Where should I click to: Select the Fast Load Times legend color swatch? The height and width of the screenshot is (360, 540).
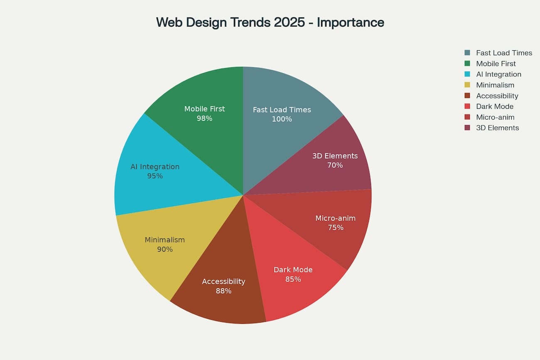point(467,53)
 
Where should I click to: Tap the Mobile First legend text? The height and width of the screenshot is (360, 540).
point(496,64)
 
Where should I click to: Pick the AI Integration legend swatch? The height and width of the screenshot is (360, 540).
point(467,74)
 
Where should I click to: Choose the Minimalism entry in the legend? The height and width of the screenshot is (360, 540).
point(495,85)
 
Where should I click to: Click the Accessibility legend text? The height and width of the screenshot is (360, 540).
point(497,96)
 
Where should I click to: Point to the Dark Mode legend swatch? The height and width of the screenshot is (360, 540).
point(467,106)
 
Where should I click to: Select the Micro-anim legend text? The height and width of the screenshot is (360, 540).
point(495,117)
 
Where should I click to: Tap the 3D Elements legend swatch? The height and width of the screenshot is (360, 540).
point(467,128)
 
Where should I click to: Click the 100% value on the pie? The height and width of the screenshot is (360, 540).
point(282,119)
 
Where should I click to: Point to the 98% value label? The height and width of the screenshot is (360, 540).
point(204,118)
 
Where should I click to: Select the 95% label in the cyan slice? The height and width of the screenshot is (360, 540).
point(155,176)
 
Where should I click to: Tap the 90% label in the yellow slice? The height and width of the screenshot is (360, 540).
point(164,250)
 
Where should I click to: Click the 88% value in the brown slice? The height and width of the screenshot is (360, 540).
point(223,291)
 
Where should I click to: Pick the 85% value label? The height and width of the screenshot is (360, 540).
point(293,279)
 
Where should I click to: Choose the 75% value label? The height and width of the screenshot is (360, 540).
point(335,228)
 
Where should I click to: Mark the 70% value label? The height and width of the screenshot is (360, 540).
point(335,165)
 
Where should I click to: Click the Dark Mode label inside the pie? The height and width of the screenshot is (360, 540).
point(293,270)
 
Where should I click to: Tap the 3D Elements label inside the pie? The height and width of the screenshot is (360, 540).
point(335,156)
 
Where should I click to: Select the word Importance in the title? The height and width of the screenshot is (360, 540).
point(350,22)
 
